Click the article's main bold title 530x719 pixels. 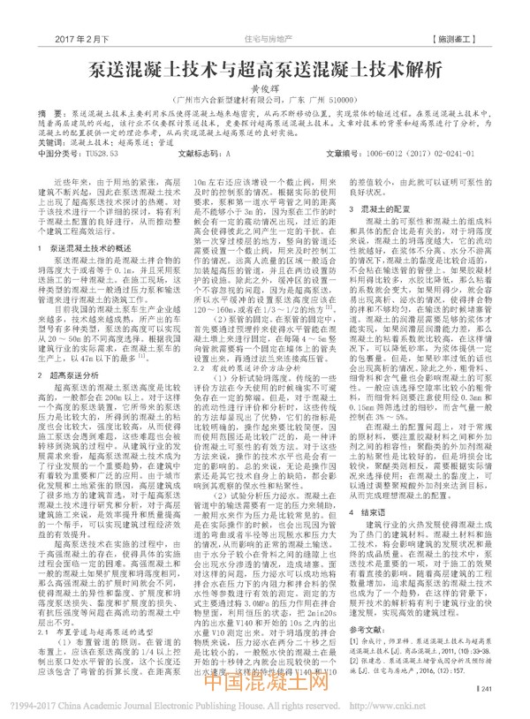click(266, 69)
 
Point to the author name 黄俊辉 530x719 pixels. click(266, 90)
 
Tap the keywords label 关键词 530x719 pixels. click(61, 141)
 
